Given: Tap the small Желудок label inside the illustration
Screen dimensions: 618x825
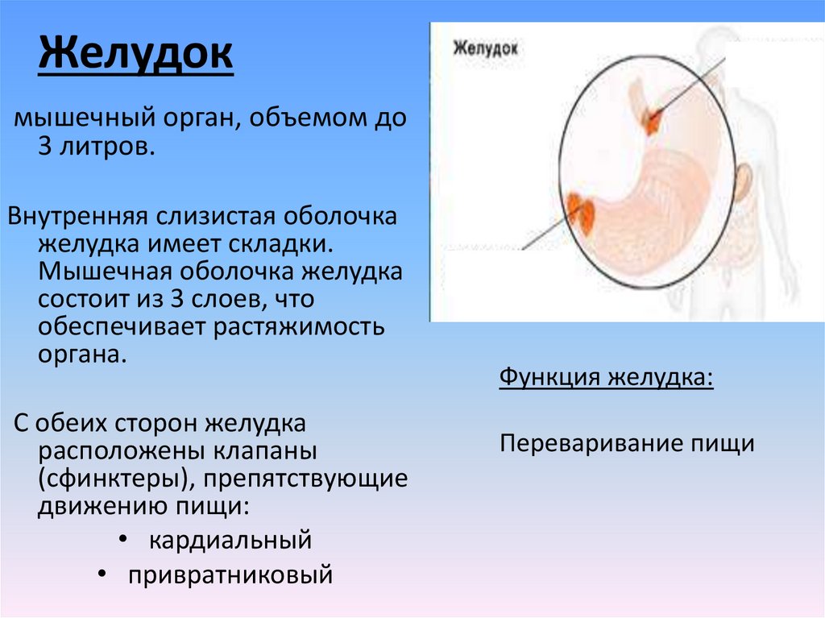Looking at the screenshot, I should click(x=485, y=48).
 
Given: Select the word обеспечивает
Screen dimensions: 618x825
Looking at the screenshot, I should click(x=118, y=327).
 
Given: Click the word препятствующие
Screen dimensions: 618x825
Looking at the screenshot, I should click(x=305, y=479).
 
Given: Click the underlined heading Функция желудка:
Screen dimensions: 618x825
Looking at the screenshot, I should click(x=606, y=377).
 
